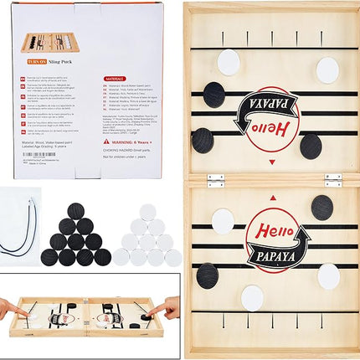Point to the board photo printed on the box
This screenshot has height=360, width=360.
pos(49,42)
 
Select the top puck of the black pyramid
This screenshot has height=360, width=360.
pos(76,211)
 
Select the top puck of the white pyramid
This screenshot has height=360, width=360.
pos(147,211)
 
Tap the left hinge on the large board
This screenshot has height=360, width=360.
pos(215,179)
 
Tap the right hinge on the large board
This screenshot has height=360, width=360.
pos(332,179)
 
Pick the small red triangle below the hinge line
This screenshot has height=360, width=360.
pos(273,198)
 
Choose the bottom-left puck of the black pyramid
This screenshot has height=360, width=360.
pos(49,257)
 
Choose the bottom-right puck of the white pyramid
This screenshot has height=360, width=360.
pos(173,257)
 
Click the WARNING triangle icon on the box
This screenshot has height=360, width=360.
pos(105,141)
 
